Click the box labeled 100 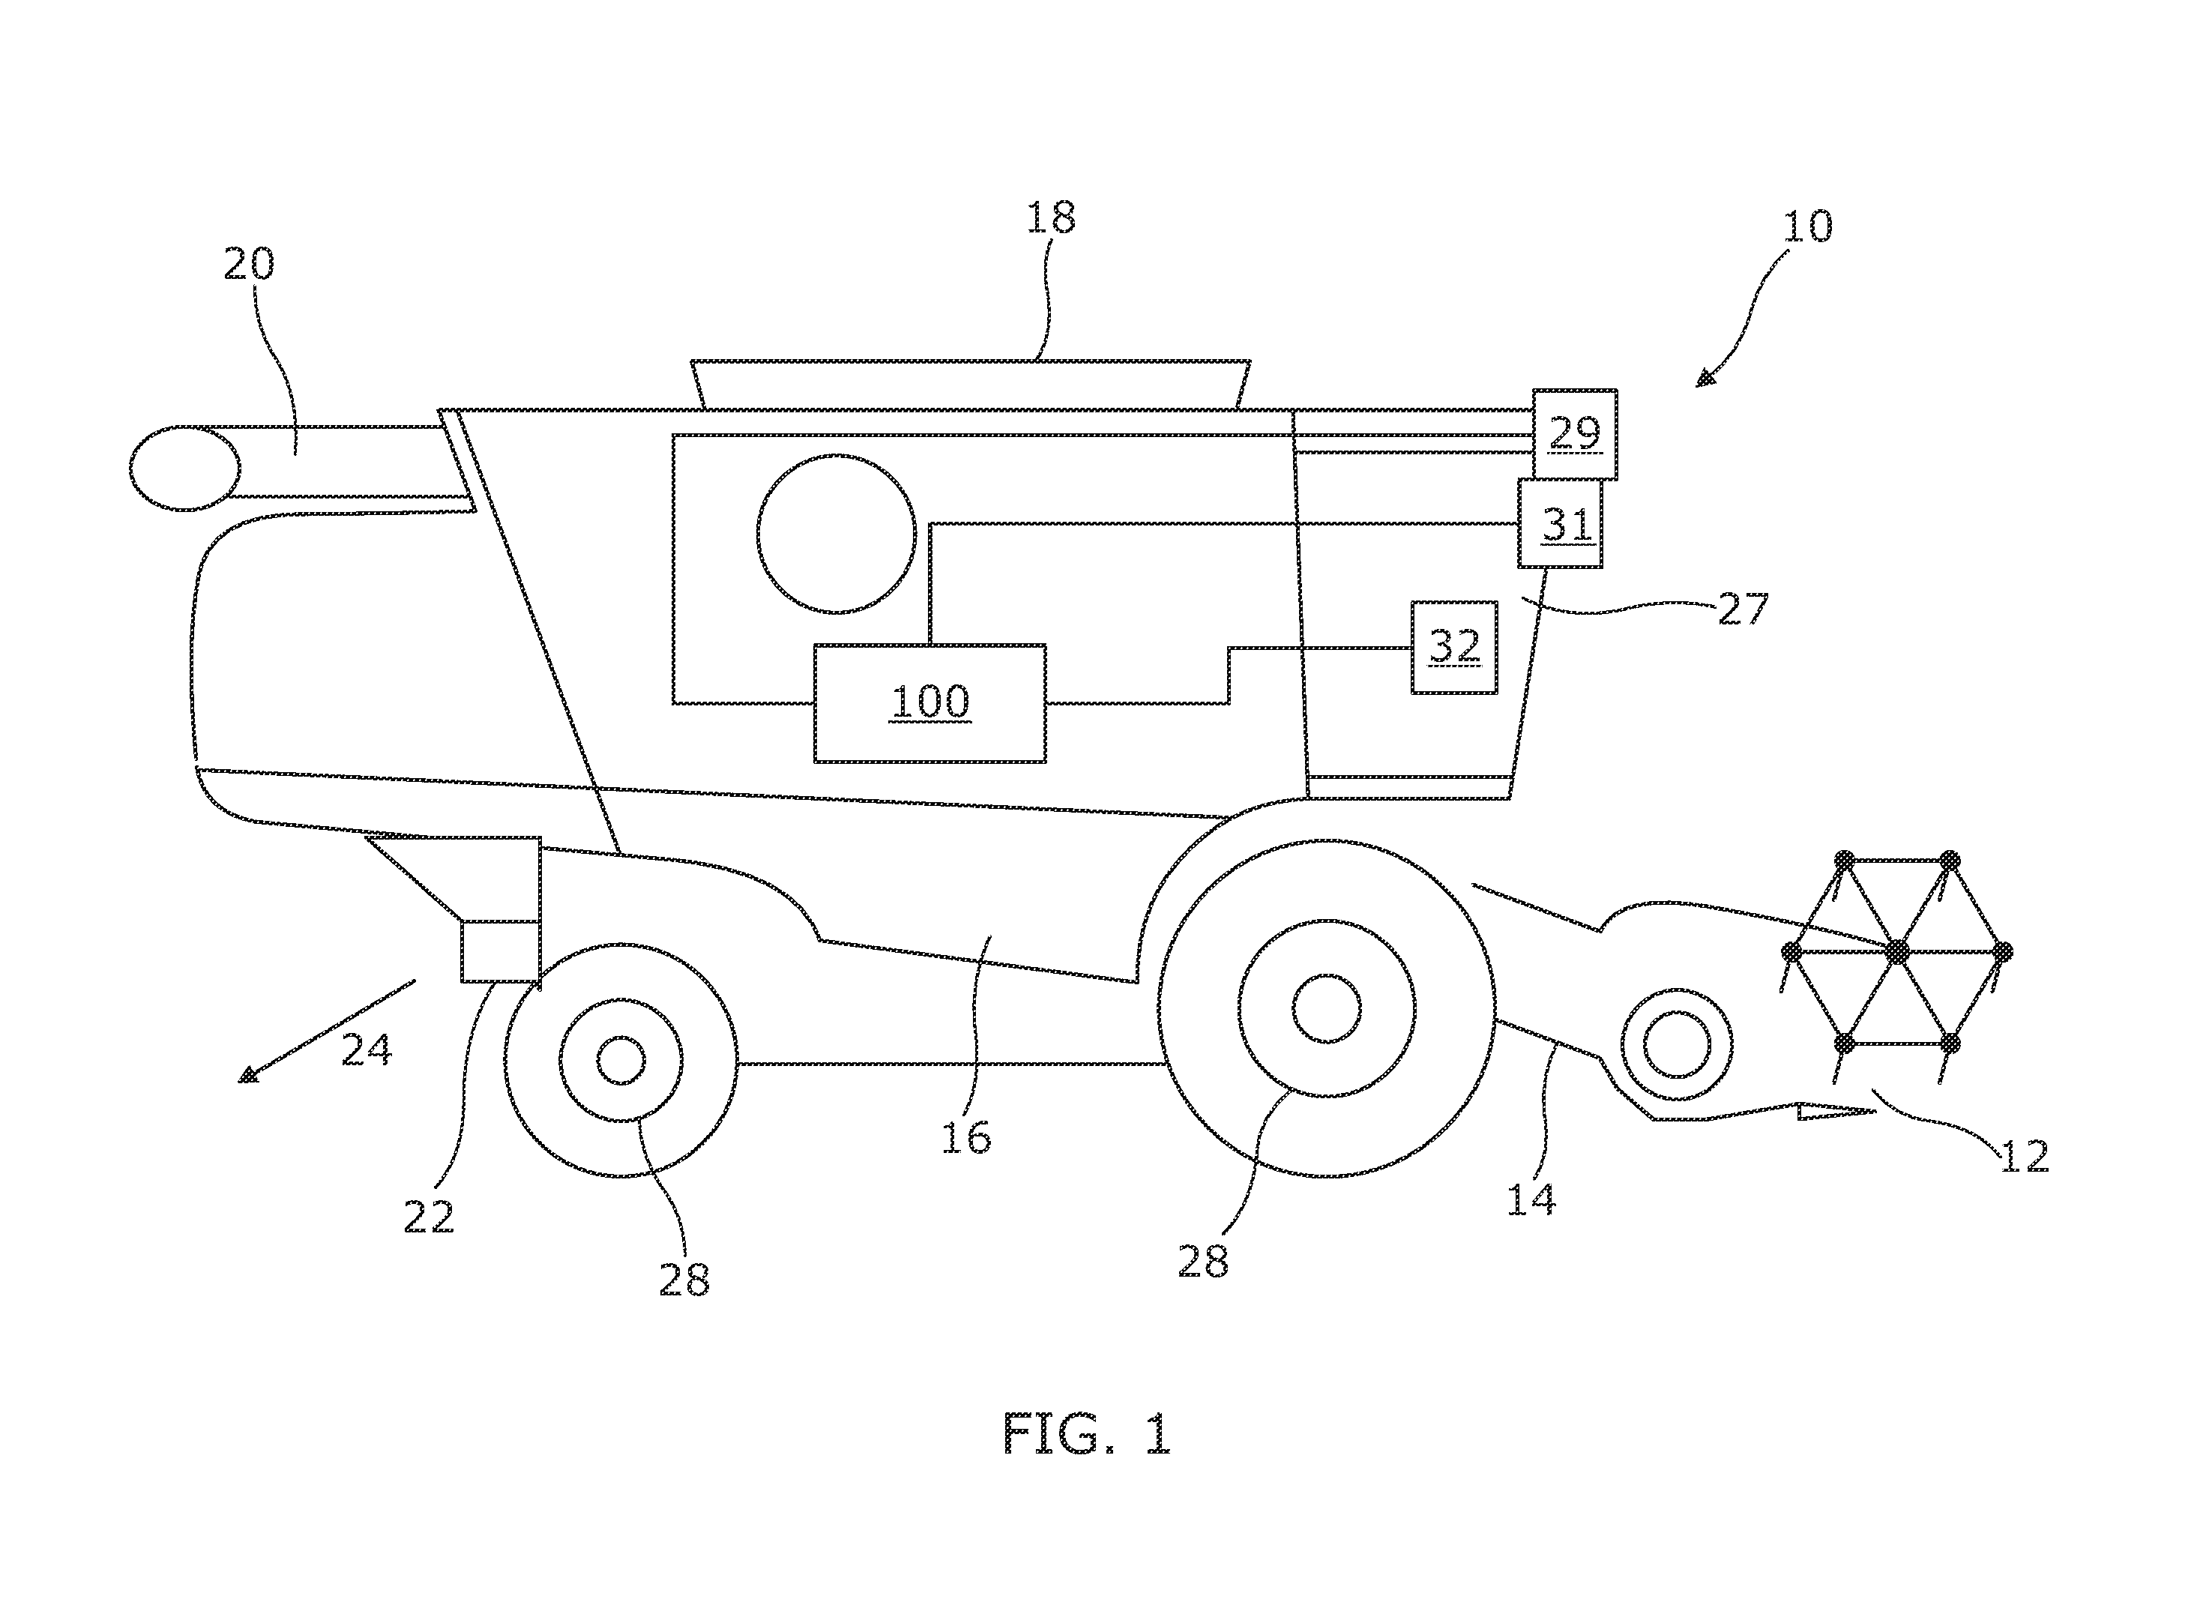coord(929,703)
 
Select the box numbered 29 coord(1574,434)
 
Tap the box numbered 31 coord(1560,524)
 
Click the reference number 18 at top coord(1051,218)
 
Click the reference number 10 coord(1807,227)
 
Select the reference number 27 coord(1744,609)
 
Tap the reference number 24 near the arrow coord(367,1050)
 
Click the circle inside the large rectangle coord(837,534)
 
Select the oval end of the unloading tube coord(184,469)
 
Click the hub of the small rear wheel coord(621,1060)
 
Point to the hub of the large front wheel coord(1327,1009)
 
